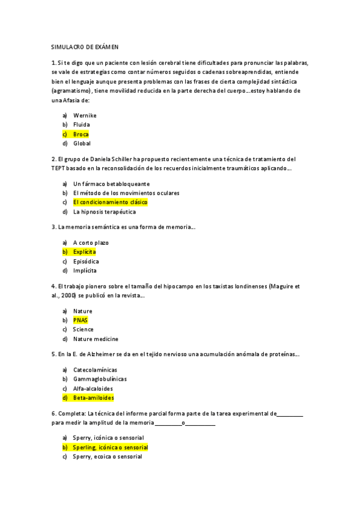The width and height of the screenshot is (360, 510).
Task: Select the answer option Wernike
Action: (x=85, y=115)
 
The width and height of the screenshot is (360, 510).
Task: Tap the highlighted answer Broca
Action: (x=81, y=134)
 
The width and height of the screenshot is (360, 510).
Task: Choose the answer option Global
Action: (x=82, y=144)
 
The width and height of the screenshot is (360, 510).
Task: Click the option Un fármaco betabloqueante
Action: (x=111, y=183)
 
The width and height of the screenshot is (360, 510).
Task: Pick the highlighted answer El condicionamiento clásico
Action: (x=110, y=203)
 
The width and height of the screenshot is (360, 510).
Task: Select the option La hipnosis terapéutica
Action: (x=104, y=212)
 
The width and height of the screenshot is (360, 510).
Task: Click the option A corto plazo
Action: (x=91, y=242)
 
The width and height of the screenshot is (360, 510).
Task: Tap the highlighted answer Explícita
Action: (x=84, y=252)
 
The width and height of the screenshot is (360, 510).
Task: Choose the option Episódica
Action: (x=86, y=262)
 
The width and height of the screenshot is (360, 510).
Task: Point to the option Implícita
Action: (x=85, y=271)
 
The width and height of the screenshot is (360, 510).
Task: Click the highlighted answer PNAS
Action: (x=81, y=321)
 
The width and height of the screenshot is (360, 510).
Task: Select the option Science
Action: (x=83, y=330)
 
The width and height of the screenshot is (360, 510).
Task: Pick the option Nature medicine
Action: (x=96, y=339)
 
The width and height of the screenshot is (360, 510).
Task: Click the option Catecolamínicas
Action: (x=95, y=369)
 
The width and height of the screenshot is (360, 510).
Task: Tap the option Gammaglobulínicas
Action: (x=100, y=379)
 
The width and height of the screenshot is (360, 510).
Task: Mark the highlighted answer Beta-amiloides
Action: (x=93, y=398)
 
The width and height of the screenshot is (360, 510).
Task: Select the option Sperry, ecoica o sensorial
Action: (x=108, y=457)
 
